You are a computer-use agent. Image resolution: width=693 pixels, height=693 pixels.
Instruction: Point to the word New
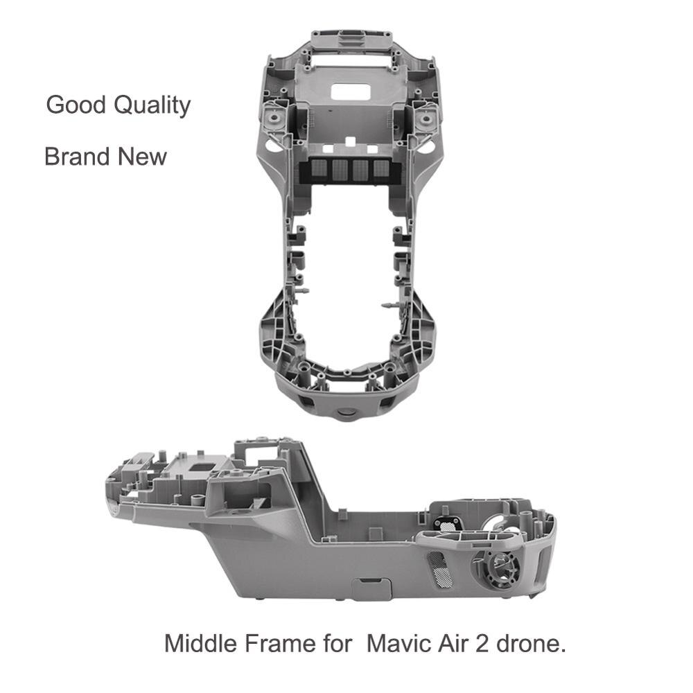click(x=141, y=156)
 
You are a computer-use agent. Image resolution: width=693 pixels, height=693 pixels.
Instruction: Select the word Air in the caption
click(x=455, y=643)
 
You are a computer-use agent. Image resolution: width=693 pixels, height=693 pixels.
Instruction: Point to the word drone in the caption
click(x=532, y=643)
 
